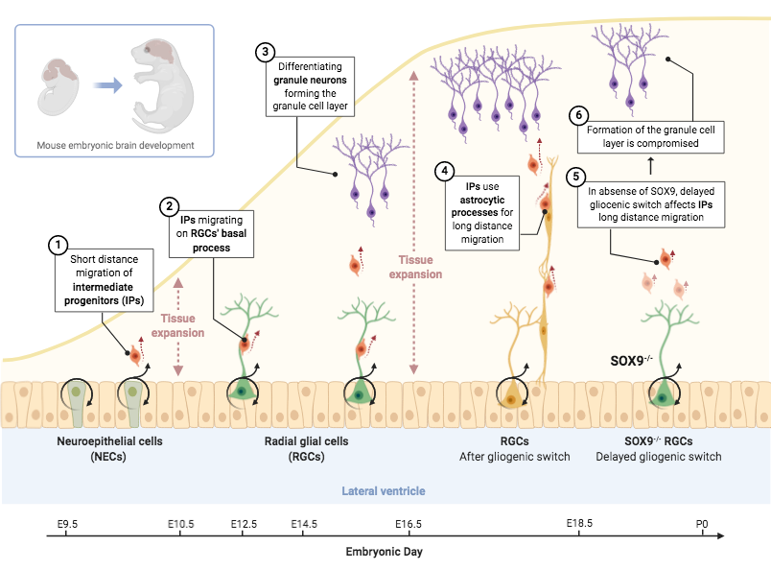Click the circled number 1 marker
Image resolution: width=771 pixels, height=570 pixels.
58,246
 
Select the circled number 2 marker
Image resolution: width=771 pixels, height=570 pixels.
170,205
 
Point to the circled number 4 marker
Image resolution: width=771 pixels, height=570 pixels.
444,171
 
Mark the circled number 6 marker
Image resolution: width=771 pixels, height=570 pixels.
576,115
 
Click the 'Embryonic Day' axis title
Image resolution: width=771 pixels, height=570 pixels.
384,552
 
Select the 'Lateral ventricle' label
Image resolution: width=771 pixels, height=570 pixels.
384,490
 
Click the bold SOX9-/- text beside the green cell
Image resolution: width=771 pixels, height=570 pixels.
631,361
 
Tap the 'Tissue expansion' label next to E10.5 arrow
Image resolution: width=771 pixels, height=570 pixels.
182,326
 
